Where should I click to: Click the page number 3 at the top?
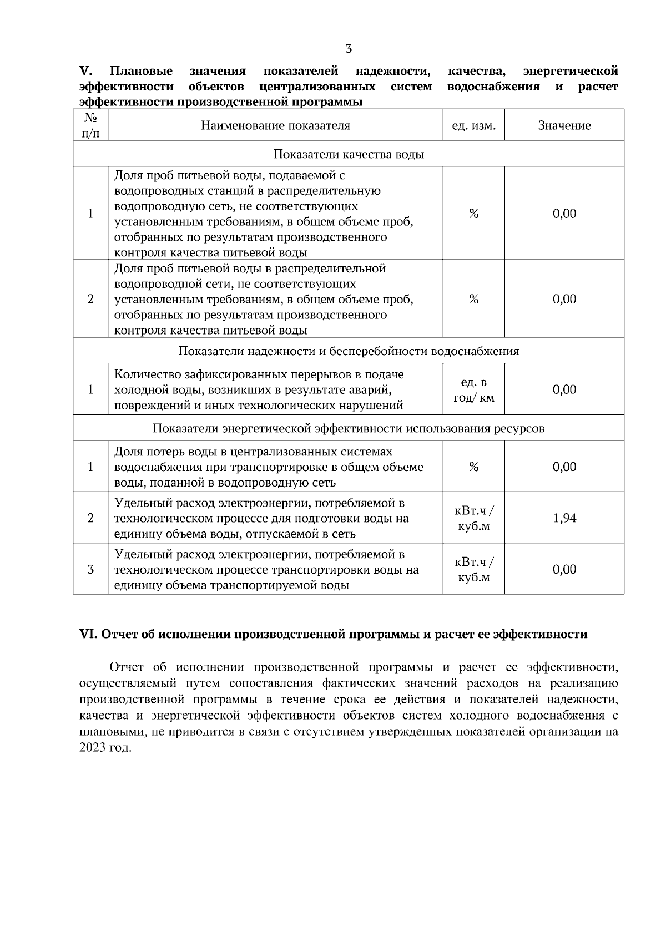[349, 49]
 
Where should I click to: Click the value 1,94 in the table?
[564, 518]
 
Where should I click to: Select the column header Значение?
[564, 125]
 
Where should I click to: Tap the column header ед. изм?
[473, 125]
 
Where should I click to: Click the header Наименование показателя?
[275, 125]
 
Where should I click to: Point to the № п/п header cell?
[90, 125]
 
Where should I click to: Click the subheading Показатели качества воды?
[349, 154]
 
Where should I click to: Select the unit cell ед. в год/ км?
[473, 390]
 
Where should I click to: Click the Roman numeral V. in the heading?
[86, 71]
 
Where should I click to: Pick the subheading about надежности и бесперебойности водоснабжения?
[349, 351]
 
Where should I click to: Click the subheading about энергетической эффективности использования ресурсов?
[349, 429]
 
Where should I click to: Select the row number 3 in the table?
[90, 569]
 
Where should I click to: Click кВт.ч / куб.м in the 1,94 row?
[473, 518]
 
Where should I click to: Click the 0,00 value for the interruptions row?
[564, 389]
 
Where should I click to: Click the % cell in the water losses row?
[473, 467]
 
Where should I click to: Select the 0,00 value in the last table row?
[564, 569]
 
